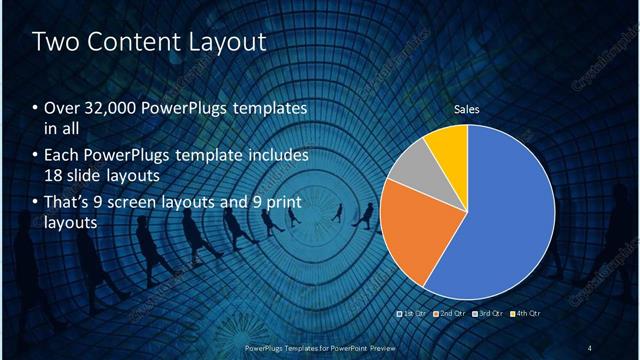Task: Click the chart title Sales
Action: [467, 109]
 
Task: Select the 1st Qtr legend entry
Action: [413, 314]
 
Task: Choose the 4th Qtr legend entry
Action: [527, 314]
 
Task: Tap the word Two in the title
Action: [54, 42]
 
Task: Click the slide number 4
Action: [590, 347]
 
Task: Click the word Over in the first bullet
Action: [62, 108]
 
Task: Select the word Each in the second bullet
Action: [62, 156]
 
